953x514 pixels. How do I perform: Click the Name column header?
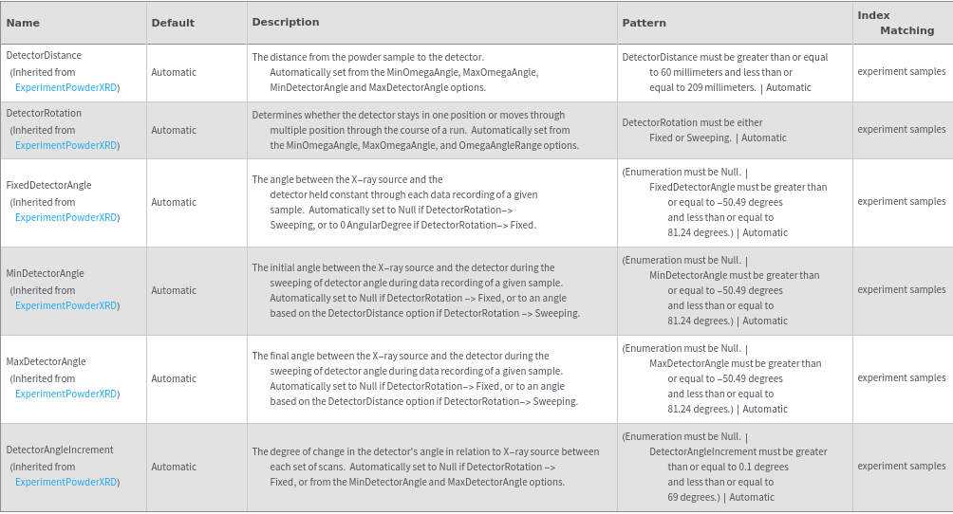(x=23, y=23)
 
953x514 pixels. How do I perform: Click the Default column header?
(x=173, y=23)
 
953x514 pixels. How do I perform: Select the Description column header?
(x=286, y=22)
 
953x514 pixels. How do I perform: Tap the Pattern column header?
(x=644, y=23)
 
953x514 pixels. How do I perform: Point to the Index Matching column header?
(x=893, y=23)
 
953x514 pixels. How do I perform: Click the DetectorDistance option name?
(x=44, y=56)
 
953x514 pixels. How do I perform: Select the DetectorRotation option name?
(x=44, y=114)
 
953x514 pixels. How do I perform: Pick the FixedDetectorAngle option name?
(x=49, y=186)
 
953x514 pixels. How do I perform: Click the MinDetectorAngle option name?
(x=46, y=274)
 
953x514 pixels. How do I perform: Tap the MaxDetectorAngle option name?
(x=47, y=362)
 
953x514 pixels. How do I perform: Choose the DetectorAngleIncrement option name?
(x=60, y=450)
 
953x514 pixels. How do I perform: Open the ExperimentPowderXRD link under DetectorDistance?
(x=66, y=87)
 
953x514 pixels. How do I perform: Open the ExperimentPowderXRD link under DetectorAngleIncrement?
(x=66, y=482)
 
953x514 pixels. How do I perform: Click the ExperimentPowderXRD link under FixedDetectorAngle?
(x=66, y=217)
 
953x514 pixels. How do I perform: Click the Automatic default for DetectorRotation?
(x=174, y=130)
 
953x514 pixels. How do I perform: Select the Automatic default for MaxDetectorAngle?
(x=174, y=378)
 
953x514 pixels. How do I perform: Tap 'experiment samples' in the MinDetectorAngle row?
(x=902, y=290)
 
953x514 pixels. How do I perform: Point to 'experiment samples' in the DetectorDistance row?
(x=902, y=72)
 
